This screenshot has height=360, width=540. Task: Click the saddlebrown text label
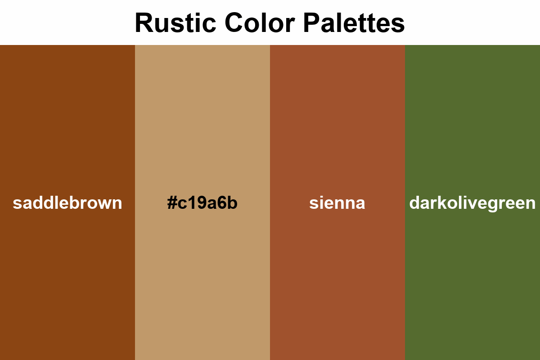(67, 203)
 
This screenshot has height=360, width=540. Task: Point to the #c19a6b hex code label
(202, 203)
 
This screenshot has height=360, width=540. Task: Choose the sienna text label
(337, 203)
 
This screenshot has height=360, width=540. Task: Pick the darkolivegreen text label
(472, 203)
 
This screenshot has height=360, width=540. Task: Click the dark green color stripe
(472, 112)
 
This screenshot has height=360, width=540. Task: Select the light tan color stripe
(202, 112)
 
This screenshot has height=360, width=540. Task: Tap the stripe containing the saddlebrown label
(67, 112)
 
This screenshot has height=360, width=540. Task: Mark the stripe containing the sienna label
(337, 112)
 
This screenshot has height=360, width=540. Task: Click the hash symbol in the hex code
(171, 203)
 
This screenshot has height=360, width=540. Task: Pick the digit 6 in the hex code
(222, 203)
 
